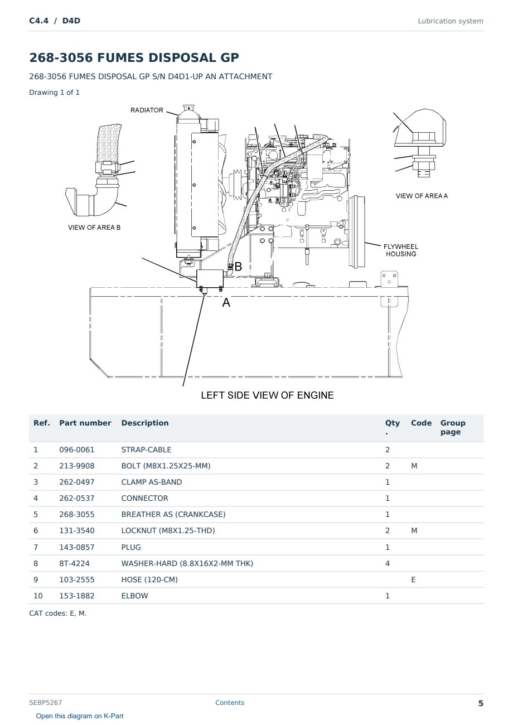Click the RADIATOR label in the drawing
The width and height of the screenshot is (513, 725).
point(147,110)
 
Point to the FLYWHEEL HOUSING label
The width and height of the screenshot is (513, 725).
point(401,250)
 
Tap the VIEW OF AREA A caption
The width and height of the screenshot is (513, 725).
point(422,196)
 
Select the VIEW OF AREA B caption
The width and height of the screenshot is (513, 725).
point(94,228)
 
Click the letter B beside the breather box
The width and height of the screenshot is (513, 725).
point(238,267)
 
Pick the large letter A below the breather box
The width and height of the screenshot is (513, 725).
point(226,303)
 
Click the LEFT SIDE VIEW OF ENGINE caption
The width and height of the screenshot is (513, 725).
point(267,395)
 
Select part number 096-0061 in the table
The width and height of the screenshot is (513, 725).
point(77,449)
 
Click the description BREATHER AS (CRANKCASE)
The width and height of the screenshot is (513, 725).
point(173,514)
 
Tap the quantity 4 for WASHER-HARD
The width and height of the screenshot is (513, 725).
point(388,563)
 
